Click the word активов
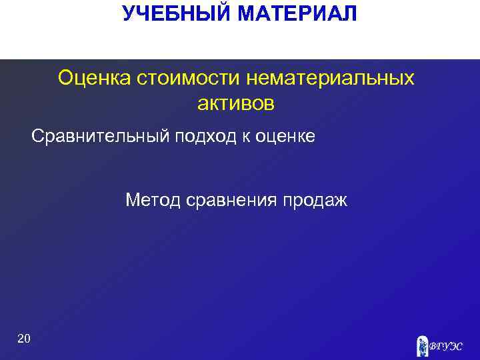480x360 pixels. click(236, 103)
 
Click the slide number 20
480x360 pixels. click(23, 340)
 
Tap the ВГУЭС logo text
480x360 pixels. click(445, 346)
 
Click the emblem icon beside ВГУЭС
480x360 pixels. click(422, 345)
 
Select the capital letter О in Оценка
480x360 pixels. click(65, 79)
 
